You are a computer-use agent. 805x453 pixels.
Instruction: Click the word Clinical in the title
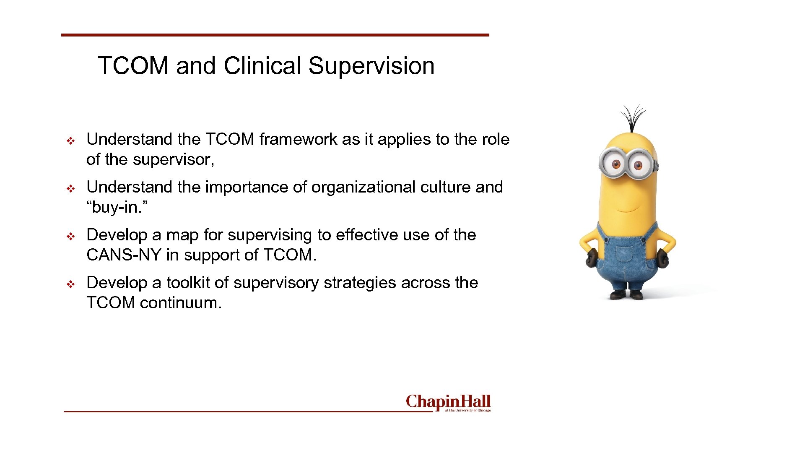[x=262, y=66]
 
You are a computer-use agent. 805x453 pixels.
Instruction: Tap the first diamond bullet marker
[x=71, y=141]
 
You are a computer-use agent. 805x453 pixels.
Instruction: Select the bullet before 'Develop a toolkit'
[x=71, y=284]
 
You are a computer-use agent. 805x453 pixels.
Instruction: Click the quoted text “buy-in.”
[x=117, y=207]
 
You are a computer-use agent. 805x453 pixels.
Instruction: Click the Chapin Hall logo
[x=448, y=403]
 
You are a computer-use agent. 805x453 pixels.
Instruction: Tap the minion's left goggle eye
[x=616, y=164]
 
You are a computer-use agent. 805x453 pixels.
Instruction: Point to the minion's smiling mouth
[x=628, y=208]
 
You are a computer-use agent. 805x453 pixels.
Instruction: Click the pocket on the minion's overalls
[x=624, y=254]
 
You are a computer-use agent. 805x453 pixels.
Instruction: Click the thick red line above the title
[x=275, y=35]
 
